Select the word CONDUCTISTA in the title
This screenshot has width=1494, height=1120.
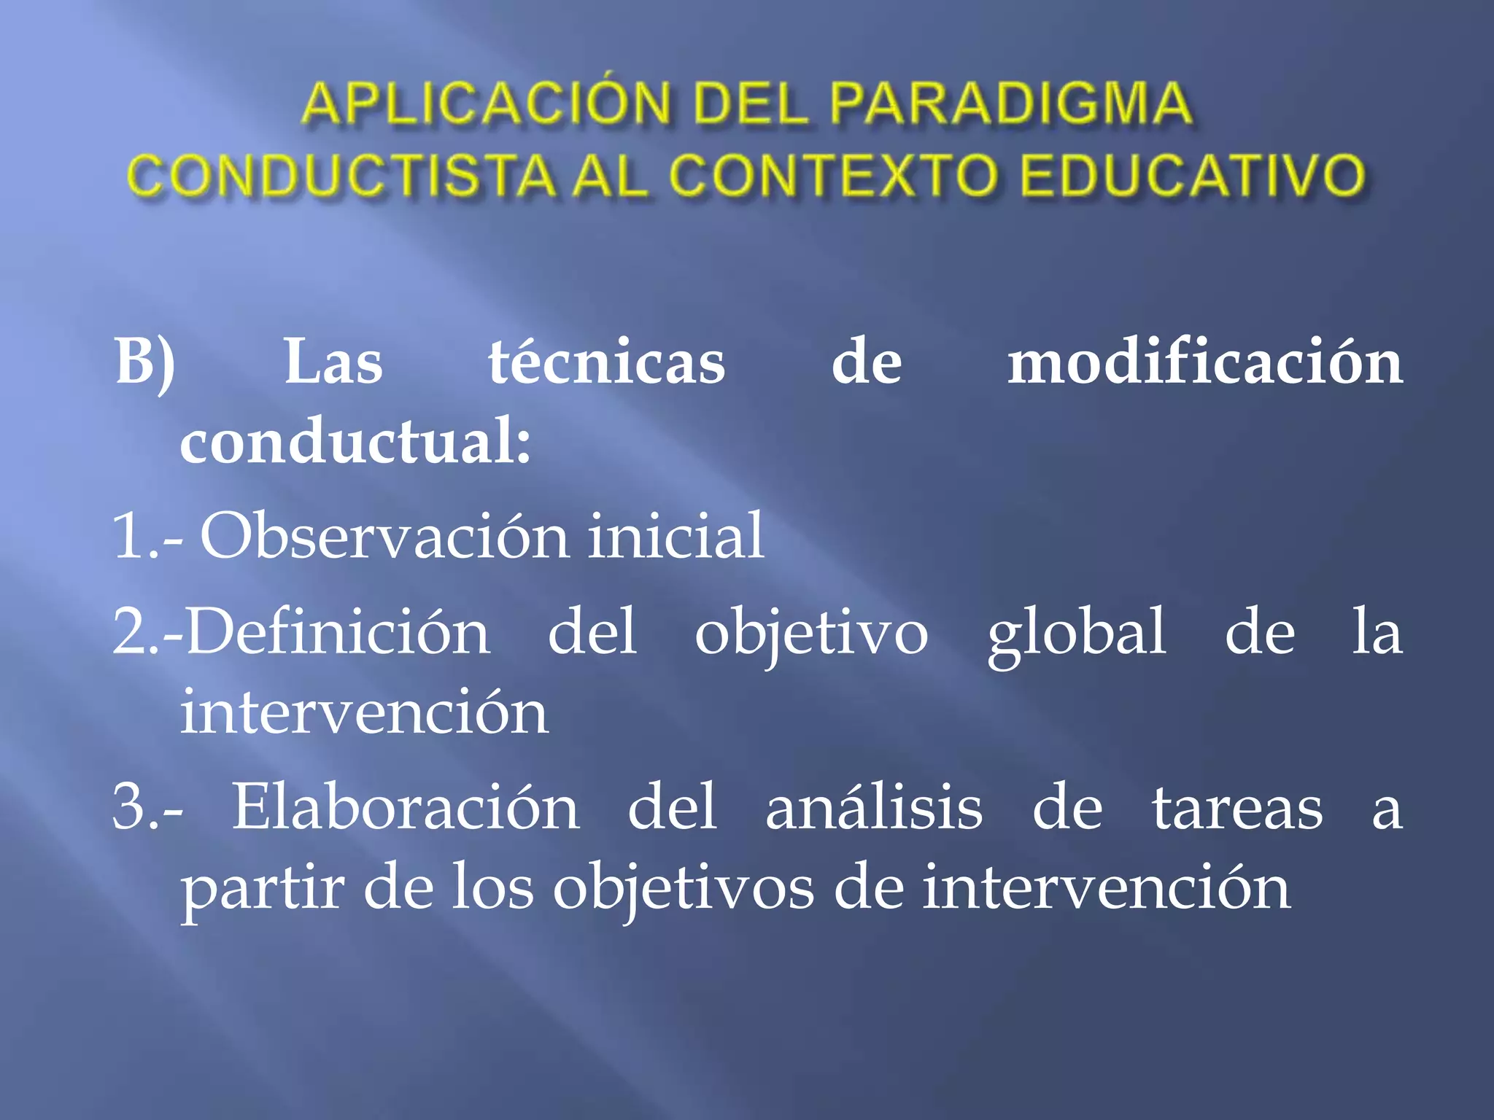pyautogui.click(x=341, y=176)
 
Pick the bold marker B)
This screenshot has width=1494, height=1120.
pyautogui.click(x=145, y=362)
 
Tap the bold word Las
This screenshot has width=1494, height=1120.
pyautogui.click(x=333, y=362)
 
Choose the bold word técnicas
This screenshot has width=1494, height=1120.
pyautogui.click(x=607, y=362)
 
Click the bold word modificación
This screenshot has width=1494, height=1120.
pyautogui.click(x=1205, y=362)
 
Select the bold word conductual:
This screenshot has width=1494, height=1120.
pyautogui.click(x=355, y=442)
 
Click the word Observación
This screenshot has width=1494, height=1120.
pyautogui.click(x=384, y=537)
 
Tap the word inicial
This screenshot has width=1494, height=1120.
pyautogui.click(x=676, y=537)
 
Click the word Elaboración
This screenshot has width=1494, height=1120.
pyautogui.click(x=406, y=808)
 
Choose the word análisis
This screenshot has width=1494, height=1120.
pyautogui.click(x=874, y=808)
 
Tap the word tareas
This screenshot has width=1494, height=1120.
pyautogui.click(x=1237, y=808)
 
